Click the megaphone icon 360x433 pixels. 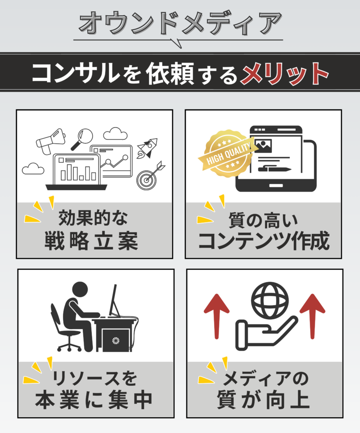point(50,141)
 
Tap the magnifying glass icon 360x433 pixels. point(82,139)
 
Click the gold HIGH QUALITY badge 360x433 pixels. point(228,153)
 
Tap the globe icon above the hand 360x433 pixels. point(270,301)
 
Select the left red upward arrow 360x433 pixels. point(216,317)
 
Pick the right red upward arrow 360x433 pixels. point(312,317)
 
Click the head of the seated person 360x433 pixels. point(80,290)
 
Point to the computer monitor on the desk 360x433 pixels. point(114,300)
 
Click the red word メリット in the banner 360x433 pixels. point(284,73)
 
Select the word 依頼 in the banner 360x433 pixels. point(170,73)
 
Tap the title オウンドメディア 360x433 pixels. point(180,23)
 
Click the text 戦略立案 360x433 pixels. point(91,241)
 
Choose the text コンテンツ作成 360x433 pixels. point(264,241)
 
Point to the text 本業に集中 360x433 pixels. point(94,400)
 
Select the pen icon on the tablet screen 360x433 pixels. point(274,169)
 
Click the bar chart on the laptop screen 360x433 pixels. point(78,172)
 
